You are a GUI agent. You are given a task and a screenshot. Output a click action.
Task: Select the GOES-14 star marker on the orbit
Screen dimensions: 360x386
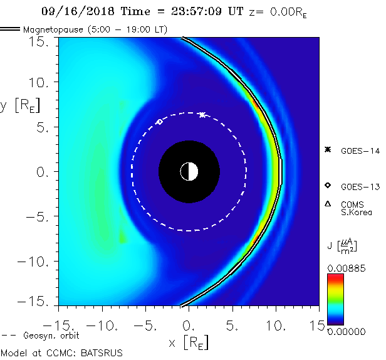click(x=202, y=115)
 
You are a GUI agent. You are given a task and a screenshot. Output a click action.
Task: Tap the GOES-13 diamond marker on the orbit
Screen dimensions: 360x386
click(x=159, y=122)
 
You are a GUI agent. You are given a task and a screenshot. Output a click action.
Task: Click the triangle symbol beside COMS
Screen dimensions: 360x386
click(x=327, y=204)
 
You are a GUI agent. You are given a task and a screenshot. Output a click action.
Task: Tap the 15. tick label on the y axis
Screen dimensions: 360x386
click(x=41, y=41)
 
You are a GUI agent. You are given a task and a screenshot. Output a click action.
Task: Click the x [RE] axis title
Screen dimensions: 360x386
click(x=189, y=342)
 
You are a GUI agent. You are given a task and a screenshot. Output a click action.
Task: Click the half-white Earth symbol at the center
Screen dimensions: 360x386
click(x=189, y=171)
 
